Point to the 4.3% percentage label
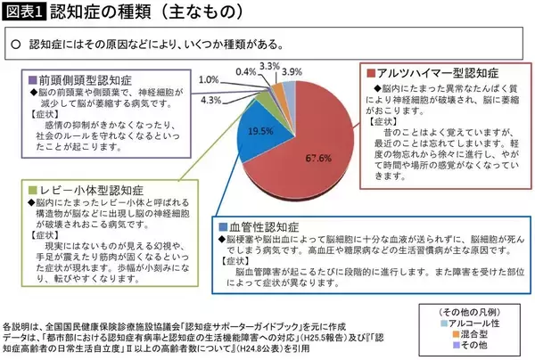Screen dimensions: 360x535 pos(211,100)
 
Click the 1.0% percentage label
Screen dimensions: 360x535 pos(210,78)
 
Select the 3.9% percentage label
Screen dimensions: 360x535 pos(292,70)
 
